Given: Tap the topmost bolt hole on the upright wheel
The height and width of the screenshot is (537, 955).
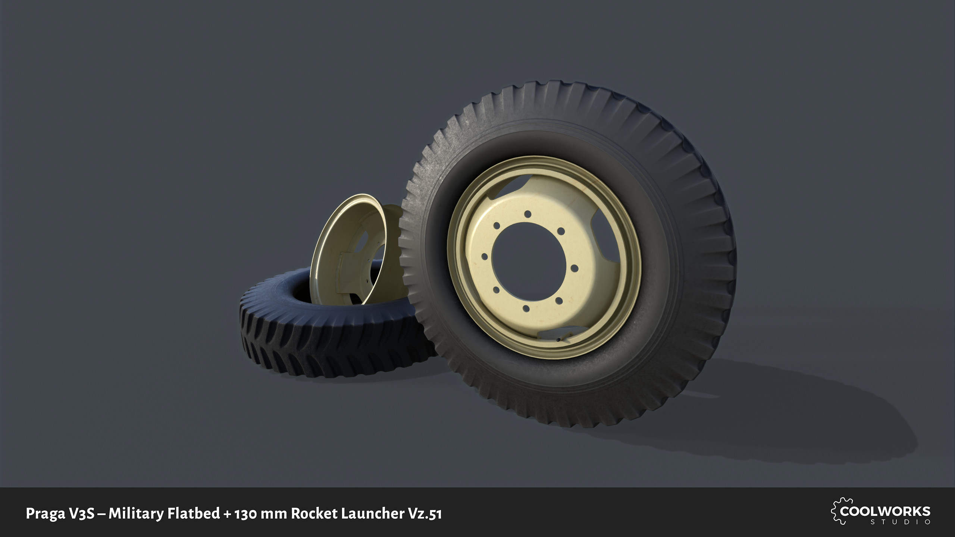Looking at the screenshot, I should click(x=527, y=214).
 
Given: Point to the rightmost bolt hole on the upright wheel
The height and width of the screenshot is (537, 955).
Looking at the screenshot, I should click(x=574, y=268).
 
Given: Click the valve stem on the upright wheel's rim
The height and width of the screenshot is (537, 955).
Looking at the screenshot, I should click(x=558, y=340).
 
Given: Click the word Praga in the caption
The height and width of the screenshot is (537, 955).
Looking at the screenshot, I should click(x=45, y=514).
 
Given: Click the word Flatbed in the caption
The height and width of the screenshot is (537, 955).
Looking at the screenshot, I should click(x=194, y=514).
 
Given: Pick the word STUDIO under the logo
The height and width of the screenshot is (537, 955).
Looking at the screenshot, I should click(x=901, y=522).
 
